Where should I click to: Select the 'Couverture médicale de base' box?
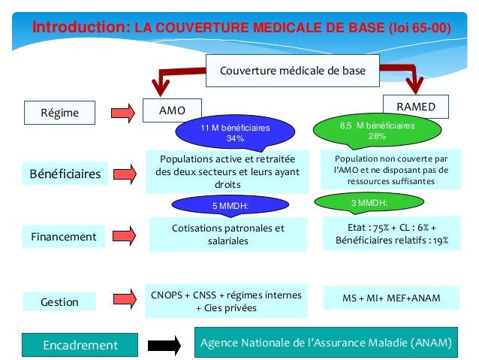pyautogui.click(x=292, y=71)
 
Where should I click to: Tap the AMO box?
pyautogui.click(x=172, y=110)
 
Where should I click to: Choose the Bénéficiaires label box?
pyautogui.click(x=65, y=174)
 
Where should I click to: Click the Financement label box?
pyautogui.click(x=64, y=237)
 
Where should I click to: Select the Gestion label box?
pyautogui.click(x=60, y=301)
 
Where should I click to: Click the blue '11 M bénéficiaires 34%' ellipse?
pyautogui.click(x=235, y=133)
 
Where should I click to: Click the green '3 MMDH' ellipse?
pyautogui.click(x=369, y=203)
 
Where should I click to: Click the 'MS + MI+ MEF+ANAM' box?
pyautogui.click(x=390, y=298)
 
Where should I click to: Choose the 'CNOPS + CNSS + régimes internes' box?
pyautogui.click(x=226, y=301)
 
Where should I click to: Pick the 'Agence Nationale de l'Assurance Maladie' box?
pyautogui.click(x=326, y=343)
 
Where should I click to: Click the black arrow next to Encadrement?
pyautogui.click(x=163, y=346)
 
